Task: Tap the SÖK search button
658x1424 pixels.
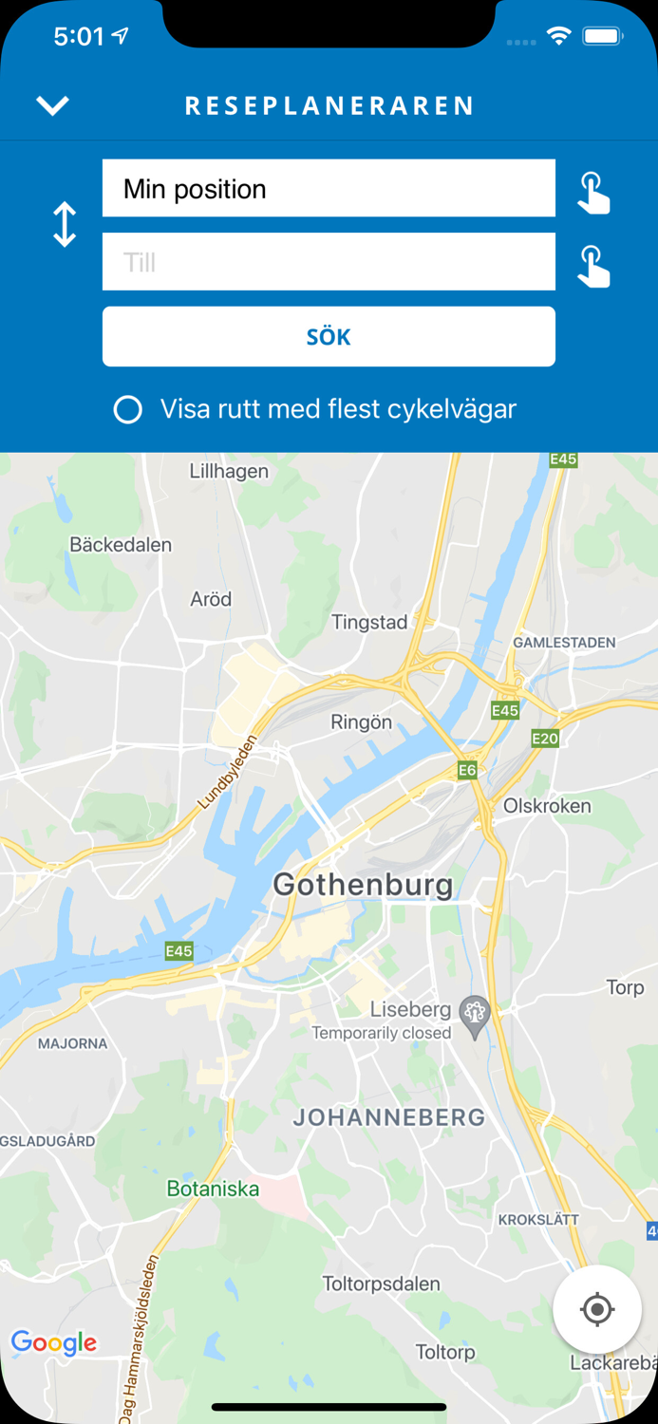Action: click(x=329, y=336)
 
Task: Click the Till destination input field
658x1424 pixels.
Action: click(x=329, y=262)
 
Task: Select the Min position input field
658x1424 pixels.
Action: click(x=329, y=189)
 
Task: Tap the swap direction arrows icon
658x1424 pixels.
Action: click(x=65, y=225)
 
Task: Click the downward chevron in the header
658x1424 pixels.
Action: click(x=53, y=105)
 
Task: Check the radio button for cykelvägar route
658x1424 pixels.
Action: click(x=128, y=410)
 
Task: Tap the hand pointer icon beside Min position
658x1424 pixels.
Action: click(x=593, y=193)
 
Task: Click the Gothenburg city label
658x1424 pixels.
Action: click(x=363, y=885)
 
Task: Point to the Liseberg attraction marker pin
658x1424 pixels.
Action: click(x=475, y=1013)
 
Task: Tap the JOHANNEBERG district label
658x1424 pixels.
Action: click(x=389, y=1117)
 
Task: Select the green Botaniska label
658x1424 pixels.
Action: click(x=213, y=1189)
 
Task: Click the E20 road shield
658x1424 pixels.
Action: click(x=545, y=738)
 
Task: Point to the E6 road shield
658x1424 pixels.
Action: click(x=467, y=771)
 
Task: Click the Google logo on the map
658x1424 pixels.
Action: click(x=54, y=1342)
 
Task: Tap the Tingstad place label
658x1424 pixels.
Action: click(x=369, y=623)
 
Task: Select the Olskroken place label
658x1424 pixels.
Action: click(x=547, y=806)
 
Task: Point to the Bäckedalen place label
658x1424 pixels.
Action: click(x=121, y=545)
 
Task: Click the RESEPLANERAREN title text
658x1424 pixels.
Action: click(x=329, y=106)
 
